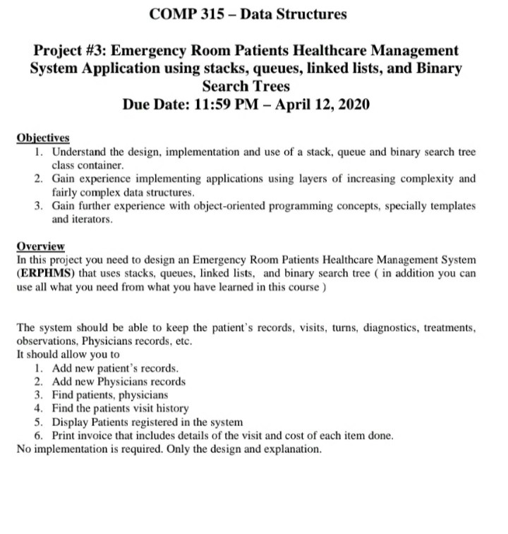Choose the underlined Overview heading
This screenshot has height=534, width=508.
pos(40,246)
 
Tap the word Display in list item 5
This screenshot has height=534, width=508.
pos(70,422)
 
